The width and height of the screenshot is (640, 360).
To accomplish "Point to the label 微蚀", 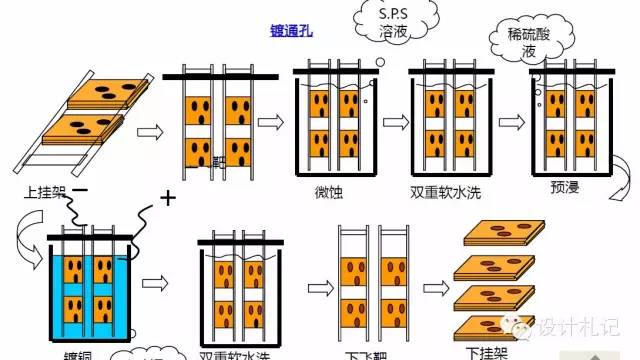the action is (328, 190).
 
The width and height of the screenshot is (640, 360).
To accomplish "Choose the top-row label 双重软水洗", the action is (445, 190).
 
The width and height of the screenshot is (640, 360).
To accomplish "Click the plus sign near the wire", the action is (167, 198).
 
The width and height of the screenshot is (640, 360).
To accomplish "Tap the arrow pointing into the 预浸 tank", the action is (512, 121).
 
